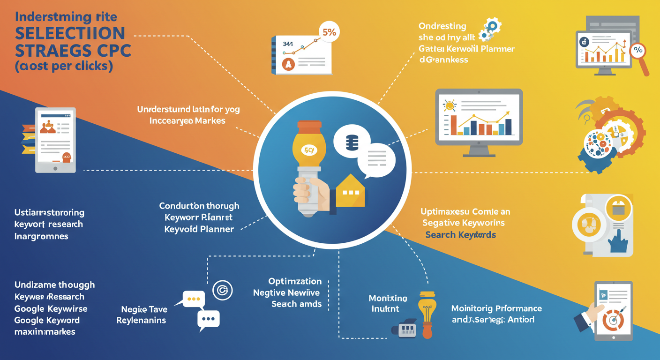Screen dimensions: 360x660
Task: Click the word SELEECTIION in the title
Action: [70, 33]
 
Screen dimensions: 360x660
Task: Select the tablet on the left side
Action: [55, 140]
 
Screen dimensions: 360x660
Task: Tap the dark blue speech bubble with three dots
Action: [208, 319]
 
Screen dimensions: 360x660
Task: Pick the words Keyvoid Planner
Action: [199, 229]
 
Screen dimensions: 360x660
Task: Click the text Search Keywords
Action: [460, 234]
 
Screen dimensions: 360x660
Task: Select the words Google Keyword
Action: [47, 321]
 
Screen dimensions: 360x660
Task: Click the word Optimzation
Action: [295, 282]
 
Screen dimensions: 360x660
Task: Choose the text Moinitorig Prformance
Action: [496, 308]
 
